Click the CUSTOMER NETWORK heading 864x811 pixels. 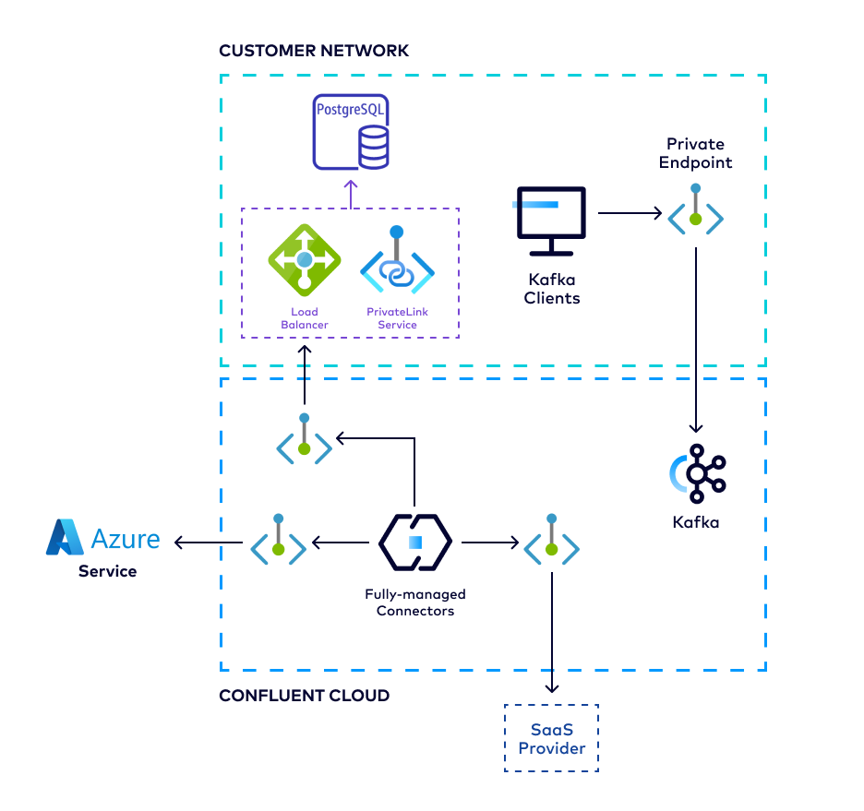tap(313, 51)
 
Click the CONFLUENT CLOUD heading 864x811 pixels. tap(304, 695)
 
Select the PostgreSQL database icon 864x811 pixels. tap(351, 132)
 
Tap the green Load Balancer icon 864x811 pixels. tap(304, 261)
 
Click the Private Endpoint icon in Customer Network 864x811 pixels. tap(695, 213)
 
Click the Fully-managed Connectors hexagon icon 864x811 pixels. tap(414, 543)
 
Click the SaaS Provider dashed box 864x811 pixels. tap(551, 738)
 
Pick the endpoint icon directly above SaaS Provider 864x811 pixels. tap(551, 542)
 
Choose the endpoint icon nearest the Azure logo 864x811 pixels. tap(278, 543)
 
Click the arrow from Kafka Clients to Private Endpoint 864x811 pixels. tap(630, 214)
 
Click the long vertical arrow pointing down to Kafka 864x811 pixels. tap(695, 341)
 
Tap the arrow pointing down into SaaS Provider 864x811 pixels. tap(551, 637)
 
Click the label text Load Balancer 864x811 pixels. tap(304, 318)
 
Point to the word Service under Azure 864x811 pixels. tap(107, 571)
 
